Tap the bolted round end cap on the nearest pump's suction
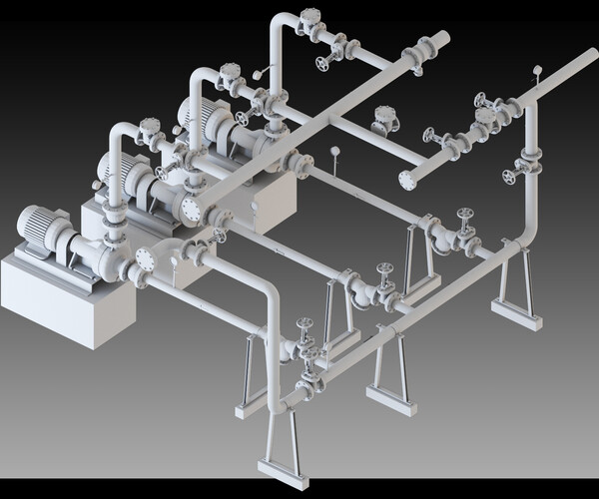[x=146, y=259]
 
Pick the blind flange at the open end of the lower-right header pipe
[x=406, y=180]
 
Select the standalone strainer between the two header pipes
[x=382, y=120]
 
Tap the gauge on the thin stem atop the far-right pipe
[x=537, y=71]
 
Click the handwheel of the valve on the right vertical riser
[x=510, y=178]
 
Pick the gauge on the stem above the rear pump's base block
[x=334, y=153]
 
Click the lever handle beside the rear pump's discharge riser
[x=262, y=73]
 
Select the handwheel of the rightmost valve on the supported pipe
[x=464, y=214]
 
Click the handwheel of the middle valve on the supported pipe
[x=384, y=268]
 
